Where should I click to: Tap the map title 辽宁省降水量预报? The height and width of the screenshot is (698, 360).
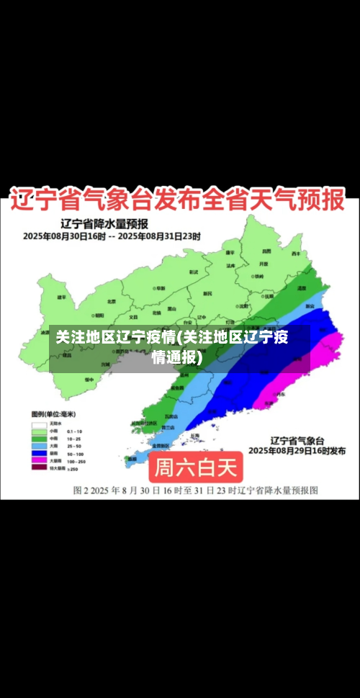(x=104, y=223)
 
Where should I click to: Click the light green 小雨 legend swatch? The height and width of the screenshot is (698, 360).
(x=38, y=431)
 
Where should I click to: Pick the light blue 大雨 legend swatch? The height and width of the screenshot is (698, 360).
(x=38, y=445)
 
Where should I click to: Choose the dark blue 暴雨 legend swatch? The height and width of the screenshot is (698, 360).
(x=38, y=453)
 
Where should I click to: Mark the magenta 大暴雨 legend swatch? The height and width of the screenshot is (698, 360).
(x=38, y=460)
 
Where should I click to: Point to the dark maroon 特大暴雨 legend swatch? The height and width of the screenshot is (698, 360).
(x=38, y=467)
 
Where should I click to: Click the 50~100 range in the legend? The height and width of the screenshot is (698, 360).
(x=75, y=453)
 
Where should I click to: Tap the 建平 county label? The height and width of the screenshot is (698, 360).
(x=62, y=297)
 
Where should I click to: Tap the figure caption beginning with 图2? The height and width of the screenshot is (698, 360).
(x=195, y=491)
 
